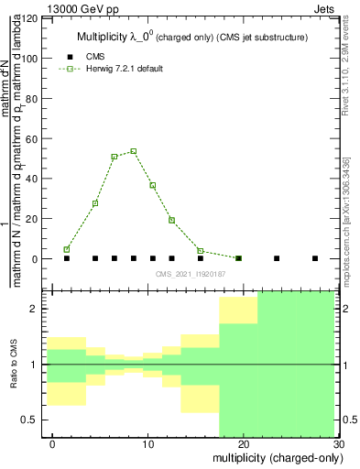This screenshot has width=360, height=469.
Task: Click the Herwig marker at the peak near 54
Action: (x=134, y=151)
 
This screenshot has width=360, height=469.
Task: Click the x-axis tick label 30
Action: (x=338, y=442)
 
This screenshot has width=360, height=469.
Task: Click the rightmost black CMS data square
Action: (x=315, y=258)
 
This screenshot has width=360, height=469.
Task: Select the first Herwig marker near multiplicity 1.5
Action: (x=67, y=249)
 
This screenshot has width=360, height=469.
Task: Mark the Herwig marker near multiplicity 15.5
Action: (x=201, y=251)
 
